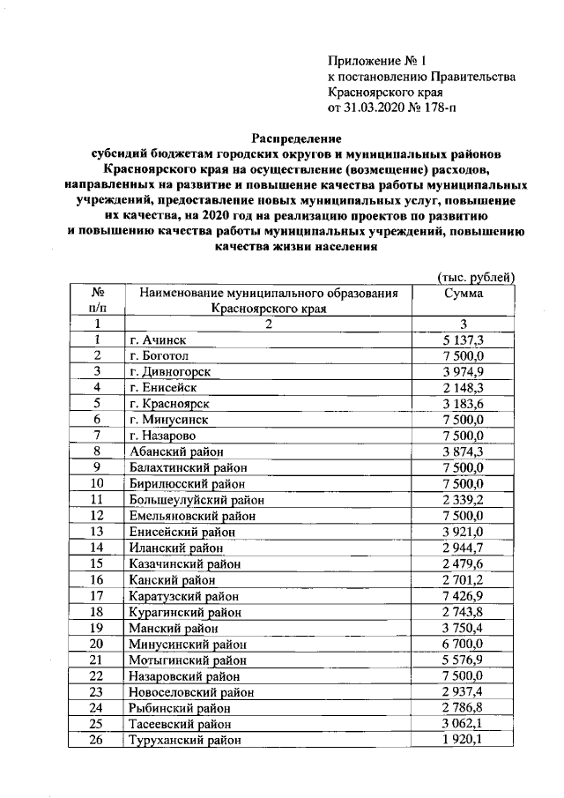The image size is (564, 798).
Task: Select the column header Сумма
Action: (x=464, y=293)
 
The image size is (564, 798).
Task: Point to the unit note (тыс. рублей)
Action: (x=476, y=276)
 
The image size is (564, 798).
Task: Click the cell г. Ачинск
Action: (x=158, y=339)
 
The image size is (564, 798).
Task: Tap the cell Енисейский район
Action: (x=182, y=531)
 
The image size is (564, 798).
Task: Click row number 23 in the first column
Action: (x=97, y=691)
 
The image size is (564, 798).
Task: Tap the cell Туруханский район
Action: (x=184, y=740)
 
